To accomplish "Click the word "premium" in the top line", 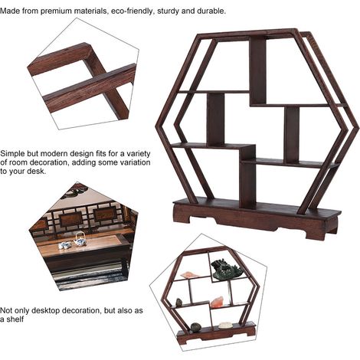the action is (56, 11).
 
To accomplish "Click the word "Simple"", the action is (13, 154).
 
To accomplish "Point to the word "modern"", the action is (55, 154).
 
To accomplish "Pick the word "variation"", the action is (133, 162).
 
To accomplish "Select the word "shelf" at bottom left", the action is (15, 319).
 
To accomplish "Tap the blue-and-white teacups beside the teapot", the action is (64, 245).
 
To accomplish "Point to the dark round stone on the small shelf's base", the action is (196, 327).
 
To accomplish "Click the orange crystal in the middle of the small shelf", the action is (218, 302).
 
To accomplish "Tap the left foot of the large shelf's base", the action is (182, 217).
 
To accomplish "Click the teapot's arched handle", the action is (80, 235).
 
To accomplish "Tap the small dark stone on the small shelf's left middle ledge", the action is (179, 303).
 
